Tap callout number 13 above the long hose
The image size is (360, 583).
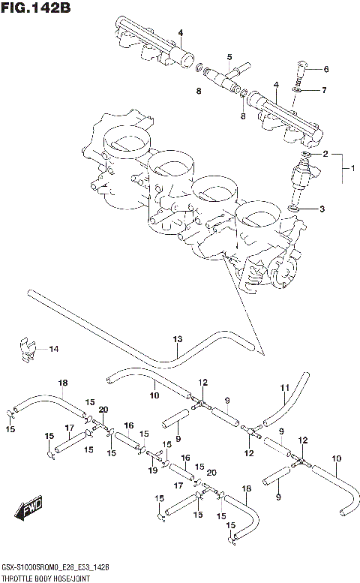[x=178, y=339]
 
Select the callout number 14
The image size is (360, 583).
[x=53, y=349]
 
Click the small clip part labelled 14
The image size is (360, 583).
[x=25, y=347]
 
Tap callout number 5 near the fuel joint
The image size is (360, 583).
[x=229, y=57]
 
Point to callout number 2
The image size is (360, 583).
[x=325, y=154]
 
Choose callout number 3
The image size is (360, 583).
[x=322, y=208]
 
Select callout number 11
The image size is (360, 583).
[x=284, y=387]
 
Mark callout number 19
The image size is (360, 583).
[x=154, y=470]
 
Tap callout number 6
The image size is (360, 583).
[x=325, y=70]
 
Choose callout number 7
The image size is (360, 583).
[x=325, y=91]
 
